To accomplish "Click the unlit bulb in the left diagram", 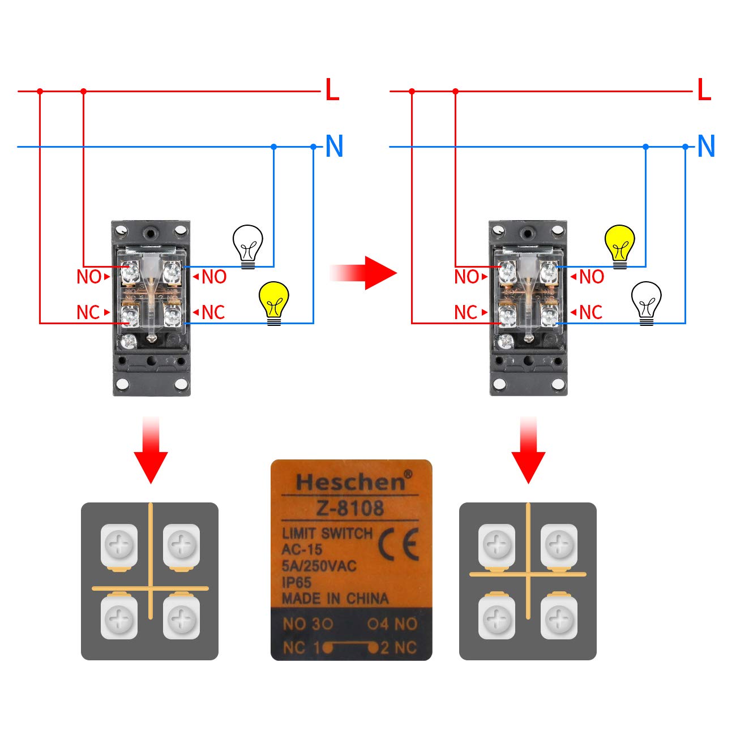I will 248,246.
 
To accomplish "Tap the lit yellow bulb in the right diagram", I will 620,246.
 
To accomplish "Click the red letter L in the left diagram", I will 332,91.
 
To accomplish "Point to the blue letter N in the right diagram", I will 706,147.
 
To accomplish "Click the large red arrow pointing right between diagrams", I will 365,273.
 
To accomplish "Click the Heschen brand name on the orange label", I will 350,482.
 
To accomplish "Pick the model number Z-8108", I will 350,508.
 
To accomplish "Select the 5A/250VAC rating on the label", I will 319,566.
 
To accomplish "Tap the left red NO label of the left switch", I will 89,277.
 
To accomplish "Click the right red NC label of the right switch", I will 590,312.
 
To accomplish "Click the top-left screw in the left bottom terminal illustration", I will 119,545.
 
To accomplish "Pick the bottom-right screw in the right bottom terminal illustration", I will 559,618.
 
